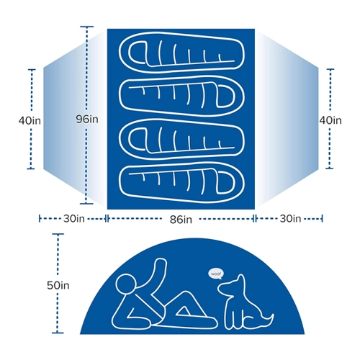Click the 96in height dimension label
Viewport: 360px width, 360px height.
click(x=87, y=119)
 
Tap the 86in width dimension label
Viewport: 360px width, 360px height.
click(x=181, y=220)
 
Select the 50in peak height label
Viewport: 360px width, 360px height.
click(x=58, y=285)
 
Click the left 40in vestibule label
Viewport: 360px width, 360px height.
click(x=30, y=120)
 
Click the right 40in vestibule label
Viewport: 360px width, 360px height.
click(x=330, y=120)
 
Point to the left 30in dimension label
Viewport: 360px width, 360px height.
click(x=74, y=219)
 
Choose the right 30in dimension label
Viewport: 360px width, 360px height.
click(x=290, y=219)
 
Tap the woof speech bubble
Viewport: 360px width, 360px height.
click(x=216, y=274)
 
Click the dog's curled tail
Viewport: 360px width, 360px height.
click(x=268, y=320)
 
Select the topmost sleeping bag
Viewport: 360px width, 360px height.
click(x=181, y=51)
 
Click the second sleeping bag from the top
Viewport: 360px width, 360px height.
click(x=181, y=97)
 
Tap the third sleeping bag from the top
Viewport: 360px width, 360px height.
click(x=181, y=139)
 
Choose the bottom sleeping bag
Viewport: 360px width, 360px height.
click(x=181, y=184)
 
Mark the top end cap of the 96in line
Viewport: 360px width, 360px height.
click(x=86, y=27)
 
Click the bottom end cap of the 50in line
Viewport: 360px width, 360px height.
click(x=58, y=333)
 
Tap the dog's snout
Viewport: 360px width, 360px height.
click(x=221, y=287)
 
